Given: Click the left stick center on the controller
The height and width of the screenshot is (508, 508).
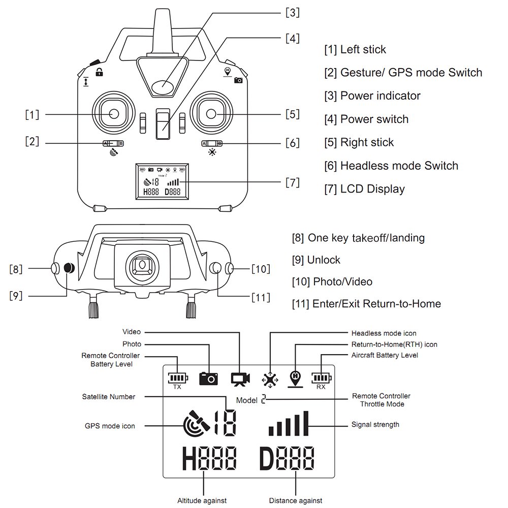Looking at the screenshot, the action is [114, 114].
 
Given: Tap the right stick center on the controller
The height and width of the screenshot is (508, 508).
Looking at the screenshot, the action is [211, 114].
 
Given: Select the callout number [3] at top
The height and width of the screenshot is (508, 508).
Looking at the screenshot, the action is [292, 13].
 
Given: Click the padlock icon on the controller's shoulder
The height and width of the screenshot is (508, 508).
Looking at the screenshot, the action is [100, 72].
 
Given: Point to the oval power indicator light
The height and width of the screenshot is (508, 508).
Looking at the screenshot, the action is [163, 86].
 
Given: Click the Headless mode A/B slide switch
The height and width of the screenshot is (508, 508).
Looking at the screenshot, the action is [212, 143].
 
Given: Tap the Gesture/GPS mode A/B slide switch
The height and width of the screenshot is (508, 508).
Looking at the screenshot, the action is [113, 143].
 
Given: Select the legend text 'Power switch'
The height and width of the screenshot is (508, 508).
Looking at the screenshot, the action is [374, 119].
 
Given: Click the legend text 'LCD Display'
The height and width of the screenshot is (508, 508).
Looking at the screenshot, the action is [372, 189].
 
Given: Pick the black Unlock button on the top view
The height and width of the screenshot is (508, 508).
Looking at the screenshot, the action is [69, 268].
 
